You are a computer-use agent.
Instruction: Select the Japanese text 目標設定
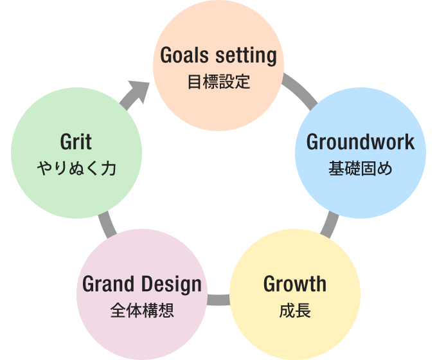pos(219,82)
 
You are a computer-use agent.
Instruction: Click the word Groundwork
pos(361,141)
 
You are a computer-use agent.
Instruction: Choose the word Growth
pos(295,283)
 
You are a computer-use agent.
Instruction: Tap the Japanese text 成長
pos(295,311)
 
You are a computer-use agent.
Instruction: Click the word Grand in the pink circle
pos(108,283)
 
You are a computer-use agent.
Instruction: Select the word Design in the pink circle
pos(170,283)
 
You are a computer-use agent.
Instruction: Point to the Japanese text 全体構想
pos(142,311)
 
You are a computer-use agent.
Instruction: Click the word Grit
pos(76,141)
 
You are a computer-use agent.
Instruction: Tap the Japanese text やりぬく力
pos(76,168)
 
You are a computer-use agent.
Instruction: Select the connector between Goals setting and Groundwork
pos(301,90)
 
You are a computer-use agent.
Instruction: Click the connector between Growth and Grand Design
pos(219,299)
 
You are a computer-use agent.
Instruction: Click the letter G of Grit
pos(65,141)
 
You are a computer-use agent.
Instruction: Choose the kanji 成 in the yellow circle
pos(287,311)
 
